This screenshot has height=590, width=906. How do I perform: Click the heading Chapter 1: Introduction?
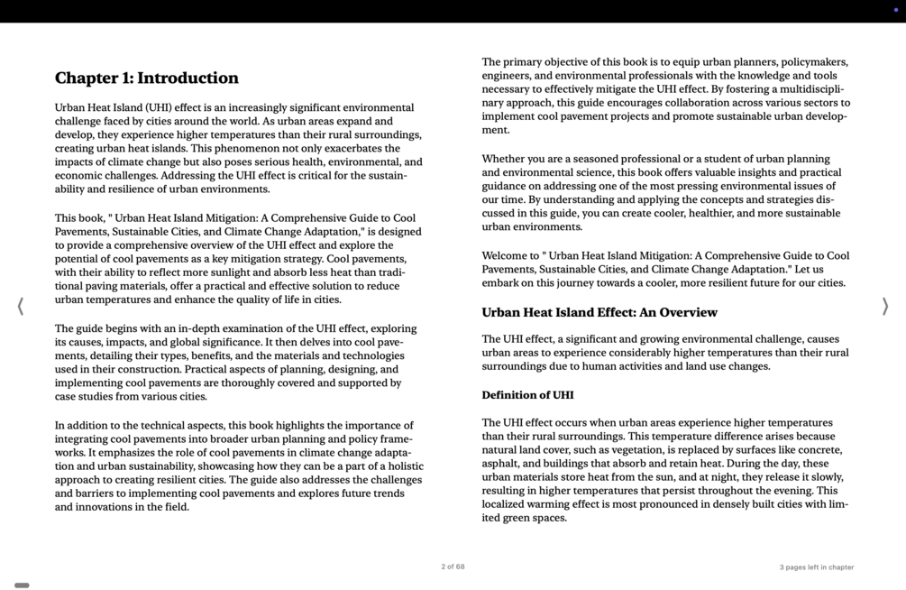[147, 78]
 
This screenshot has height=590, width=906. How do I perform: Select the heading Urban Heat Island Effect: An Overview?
[599, 313]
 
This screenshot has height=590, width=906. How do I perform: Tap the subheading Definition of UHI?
[527, 395]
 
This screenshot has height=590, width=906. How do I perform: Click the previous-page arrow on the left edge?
[20, 307]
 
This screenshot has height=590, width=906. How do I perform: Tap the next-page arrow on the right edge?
[885, 307]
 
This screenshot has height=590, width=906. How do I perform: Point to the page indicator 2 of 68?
[453, 567]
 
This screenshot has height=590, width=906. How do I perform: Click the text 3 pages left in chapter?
[816, 567]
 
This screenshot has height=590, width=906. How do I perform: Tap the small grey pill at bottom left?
[22, 585]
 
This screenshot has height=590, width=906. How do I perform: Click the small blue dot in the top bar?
[895, 10]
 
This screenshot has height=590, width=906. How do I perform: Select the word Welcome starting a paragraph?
[504, 256]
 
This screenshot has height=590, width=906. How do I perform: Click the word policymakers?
[814, 62]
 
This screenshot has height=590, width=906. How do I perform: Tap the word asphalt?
[501, 464]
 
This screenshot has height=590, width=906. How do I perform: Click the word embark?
[500, 283]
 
